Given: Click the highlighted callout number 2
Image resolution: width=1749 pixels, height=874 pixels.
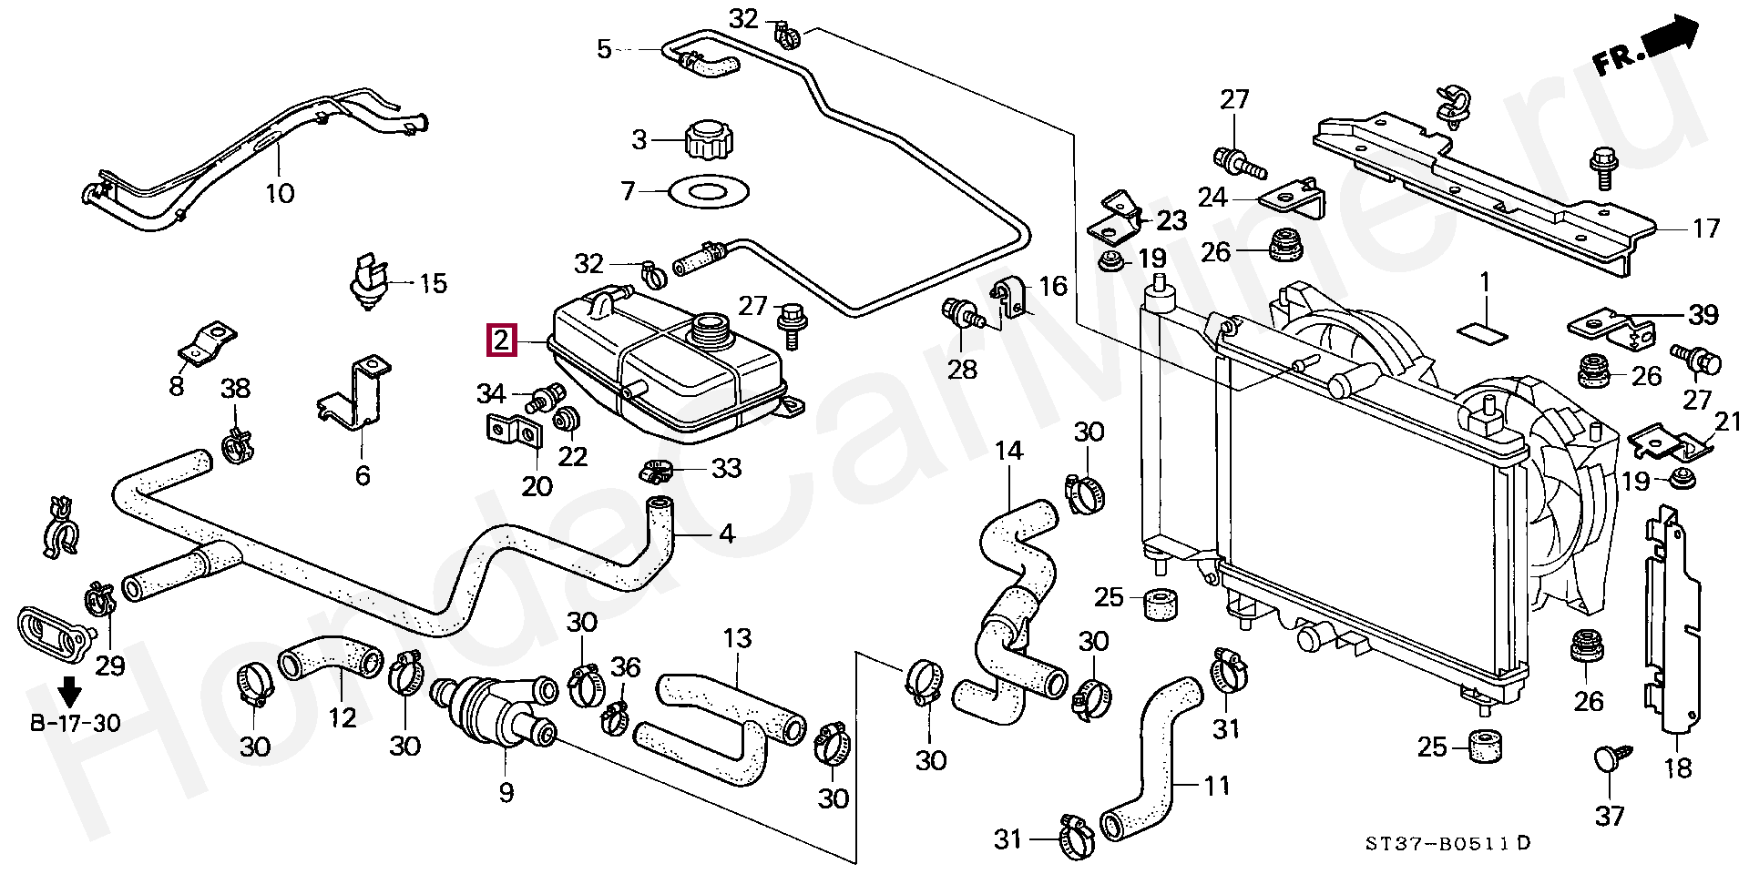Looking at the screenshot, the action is coord(501,341).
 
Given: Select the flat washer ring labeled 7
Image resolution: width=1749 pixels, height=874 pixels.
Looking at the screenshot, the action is coord(708,192).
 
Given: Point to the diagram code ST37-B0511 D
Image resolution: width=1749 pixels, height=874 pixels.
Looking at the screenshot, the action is coord(1447,844).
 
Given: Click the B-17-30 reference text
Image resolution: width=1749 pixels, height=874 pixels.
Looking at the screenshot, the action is coord(76,724).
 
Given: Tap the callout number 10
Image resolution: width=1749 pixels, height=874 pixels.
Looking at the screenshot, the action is coord(280,193).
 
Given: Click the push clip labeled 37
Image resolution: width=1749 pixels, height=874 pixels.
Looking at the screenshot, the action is coord(1610,761).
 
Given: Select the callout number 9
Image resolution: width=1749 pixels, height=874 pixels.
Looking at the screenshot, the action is coord(506,792).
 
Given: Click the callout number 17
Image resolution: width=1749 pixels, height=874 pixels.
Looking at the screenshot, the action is coord(1705,228).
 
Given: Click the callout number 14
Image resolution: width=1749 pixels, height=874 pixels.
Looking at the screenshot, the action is coord(1008,451).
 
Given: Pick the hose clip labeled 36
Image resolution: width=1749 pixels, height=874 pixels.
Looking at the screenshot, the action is coord(614,718).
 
